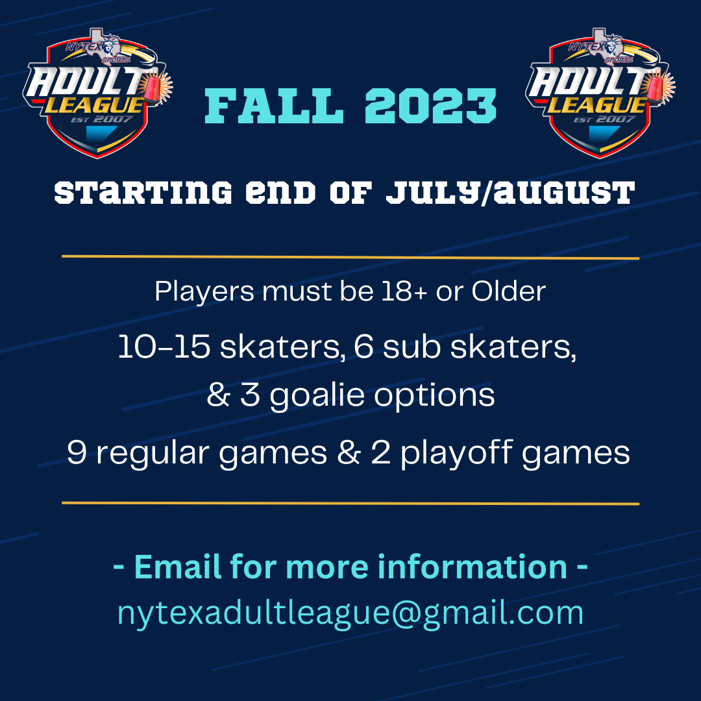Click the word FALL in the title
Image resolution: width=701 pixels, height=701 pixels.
pos(275,106)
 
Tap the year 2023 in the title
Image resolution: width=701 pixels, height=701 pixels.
pos(431,106)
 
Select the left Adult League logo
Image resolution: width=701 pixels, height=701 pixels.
pos(98,93)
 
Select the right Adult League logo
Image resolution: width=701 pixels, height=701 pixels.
pos(600,93)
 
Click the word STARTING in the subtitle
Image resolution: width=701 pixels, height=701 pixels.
pos(143,193)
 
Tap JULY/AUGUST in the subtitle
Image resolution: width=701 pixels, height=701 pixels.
pos(511,193)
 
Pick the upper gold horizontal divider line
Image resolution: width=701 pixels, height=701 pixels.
pos(350,257)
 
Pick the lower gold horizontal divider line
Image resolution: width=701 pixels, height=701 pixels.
pos(350,504)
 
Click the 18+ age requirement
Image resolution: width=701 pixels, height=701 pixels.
pos(404,291)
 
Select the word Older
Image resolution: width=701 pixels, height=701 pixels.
pos(509,291)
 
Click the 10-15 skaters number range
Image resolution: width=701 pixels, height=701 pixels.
pos(164,347)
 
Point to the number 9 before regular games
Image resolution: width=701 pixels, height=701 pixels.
pos(77,452)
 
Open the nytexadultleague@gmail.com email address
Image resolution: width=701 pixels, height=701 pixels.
pos(350,613)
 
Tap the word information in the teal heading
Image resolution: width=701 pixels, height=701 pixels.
pos(473,567)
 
